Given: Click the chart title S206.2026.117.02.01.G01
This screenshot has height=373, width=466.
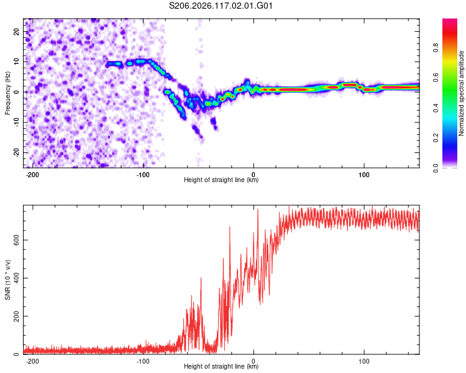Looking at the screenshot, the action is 221,6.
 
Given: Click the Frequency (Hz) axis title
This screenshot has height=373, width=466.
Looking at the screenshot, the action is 7,93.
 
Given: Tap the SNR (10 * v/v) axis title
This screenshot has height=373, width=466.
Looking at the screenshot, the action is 7,280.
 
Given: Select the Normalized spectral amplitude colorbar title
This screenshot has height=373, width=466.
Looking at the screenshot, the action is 461,93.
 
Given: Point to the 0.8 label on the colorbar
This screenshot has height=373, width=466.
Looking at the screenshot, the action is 436,48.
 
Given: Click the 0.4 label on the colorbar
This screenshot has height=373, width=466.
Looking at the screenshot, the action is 436,108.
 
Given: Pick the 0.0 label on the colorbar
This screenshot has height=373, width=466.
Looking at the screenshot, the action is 436,168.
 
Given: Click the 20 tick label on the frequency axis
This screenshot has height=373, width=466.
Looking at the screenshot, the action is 16,32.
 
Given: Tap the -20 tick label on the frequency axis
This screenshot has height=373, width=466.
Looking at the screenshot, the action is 16,152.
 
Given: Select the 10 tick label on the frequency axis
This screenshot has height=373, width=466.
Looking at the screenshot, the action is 16,62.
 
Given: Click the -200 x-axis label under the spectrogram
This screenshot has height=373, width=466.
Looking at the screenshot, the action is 32,175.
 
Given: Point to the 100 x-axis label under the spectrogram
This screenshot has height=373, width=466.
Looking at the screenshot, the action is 363,175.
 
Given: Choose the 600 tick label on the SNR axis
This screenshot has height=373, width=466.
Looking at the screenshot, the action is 16,240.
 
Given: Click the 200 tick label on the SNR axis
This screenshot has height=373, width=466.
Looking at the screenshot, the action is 16,316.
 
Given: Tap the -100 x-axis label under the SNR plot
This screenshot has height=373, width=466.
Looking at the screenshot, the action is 143,361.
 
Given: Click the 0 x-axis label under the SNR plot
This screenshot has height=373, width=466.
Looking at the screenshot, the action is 254,361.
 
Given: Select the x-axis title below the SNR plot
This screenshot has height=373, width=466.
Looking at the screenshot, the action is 221,366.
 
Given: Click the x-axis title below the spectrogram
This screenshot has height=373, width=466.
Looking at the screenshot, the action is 221,180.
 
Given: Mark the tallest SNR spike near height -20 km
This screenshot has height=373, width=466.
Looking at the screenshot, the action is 230,227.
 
